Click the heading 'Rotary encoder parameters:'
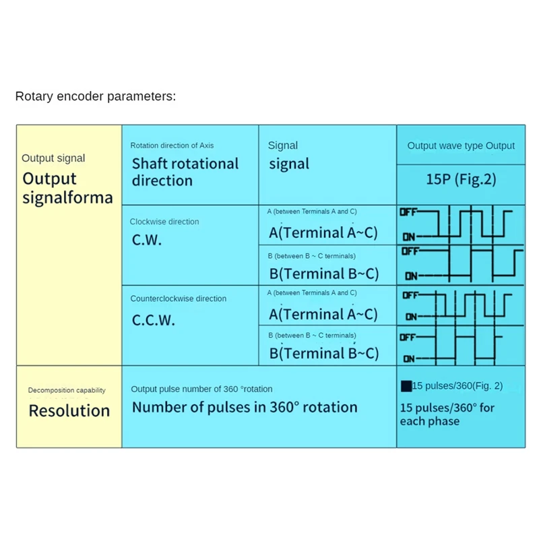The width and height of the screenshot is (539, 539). [95, 96]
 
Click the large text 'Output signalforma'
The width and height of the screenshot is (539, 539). [67, 188]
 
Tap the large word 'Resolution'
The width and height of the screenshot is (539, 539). [69, 410]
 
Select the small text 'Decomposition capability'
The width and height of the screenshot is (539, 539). [67, 390]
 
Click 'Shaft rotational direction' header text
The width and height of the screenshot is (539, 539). [185, 172]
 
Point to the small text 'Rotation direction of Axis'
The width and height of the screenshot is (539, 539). [172, 146]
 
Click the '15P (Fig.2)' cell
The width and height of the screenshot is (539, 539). [461, 180]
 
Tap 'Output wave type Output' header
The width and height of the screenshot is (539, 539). [461, 146]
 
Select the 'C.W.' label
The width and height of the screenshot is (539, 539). [147, 240]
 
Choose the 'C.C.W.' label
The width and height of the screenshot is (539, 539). [153, 319]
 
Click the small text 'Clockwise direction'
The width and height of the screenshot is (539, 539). [164, 222]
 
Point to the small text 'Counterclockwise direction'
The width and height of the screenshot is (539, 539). [178, 298]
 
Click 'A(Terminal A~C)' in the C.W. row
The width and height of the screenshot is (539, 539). [323, 232]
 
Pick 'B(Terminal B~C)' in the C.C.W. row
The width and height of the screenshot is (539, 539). [323, 353]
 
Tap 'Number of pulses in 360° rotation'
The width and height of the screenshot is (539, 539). [245, 407]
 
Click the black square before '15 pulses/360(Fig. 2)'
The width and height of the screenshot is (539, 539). [406, 386]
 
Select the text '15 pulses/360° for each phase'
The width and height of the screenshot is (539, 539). [447, 414]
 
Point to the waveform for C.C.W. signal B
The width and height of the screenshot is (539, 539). [461, 348]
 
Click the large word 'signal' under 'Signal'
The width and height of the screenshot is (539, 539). [289, 164]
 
